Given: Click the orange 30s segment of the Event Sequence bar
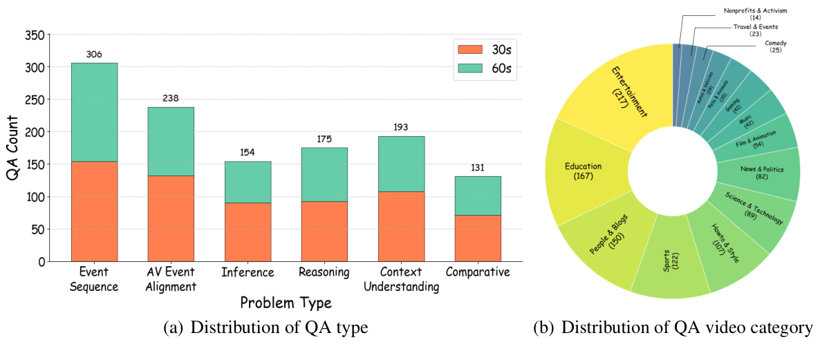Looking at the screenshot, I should point(94,211).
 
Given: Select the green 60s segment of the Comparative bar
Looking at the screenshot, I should point(478,196).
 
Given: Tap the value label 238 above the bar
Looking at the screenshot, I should point(171,98).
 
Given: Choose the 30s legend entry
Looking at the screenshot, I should point(485,50).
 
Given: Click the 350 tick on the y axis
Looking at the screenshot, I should point(35,35).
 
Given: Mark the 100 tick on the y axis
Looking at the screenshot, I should point(35,197).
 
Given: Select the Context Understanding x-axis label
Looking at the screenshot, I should point(401,279).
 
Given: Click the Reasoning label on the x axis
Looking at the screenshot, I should point(324,272).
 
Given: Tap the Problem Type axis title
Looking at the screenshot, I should point(286,303).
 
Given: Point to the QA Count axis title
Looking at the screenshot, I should point(12,148).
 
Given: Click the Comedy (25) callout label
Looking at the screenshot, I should point(775,46).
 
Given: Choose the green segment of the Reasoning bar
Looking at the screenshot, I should point(324,174).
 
